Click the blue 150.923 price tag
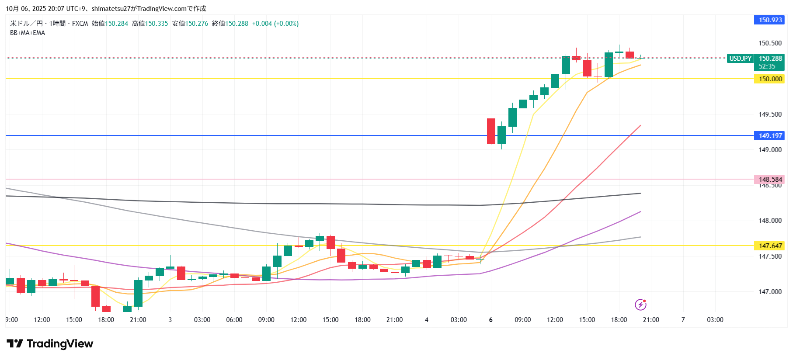[770, 20]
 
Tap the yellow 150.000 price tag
[770, 79]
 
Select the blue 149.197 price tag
[770, 136]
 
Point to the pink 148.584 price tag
[770, 179]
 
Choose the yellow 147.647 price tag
[770, 246]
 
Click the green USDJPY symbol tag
[740, 59]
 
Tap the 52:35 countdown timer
[767, 66]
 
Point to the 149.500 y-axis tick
[770, 114]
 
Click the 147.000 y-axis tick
[770, 292]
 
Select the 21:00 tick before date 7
[651, 320]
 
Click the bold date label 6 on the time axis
[490, 320]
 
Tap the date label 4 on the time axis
[427, 320]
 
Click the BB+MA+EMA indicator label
[28, 33]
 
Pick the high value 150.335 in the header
[157, 24]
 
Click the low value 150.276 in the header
[197, 24]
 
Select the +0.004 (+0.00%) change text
[275, 24]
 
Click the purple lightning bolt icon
[640, 305]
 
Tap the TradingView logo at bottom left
[50, 344]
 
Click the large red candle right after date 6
[491, 131]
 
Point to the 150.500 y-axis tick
[770, 43]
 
